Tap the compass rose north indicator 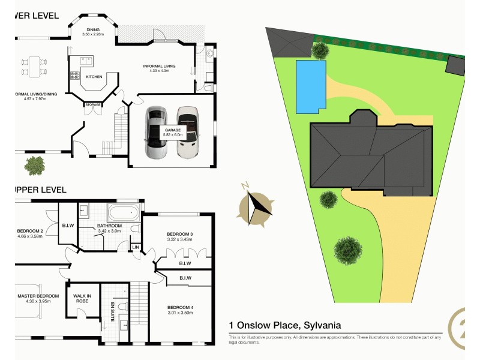tap(256, 205)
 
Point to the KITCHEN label tap(94, 77)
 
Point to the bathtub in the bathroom tap(123, 212)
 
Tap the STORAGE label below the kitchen tap(92, 105)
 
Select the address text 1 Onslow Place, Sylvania tap(285, 325)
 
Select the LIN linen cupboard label tap(136, 247)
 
